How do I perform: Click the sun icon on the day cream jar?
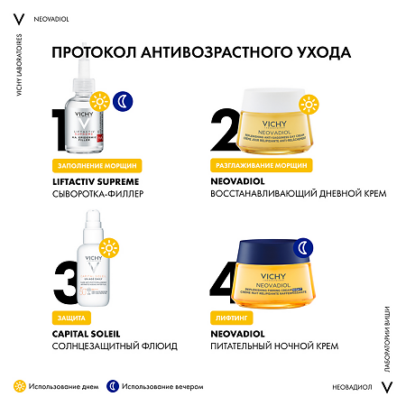(x=309, y=103)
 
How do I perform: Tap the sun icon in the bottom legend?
(x=18, y=385)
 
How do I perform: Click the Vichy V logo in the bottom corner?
(x=389, y=385)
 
